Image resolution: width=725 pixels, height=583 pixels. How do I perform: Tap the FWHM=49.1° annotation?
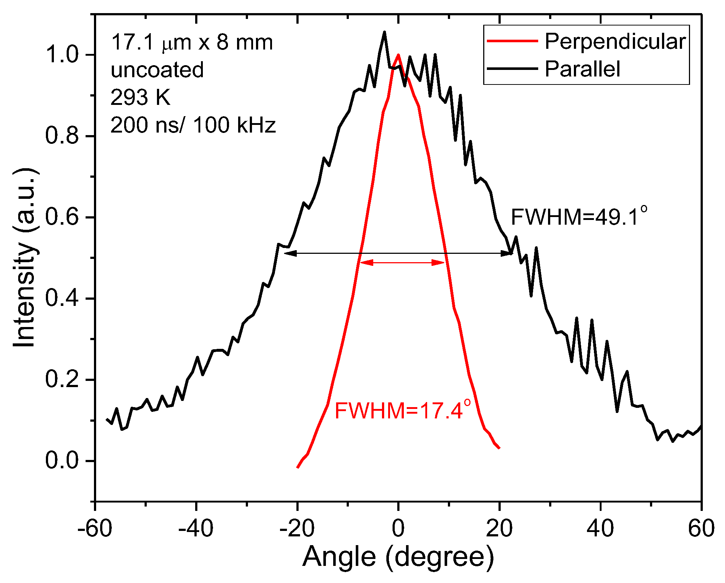click(579, 217)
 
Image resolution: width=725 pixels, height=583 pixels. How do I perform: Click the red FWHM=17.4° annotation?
click(402, 410)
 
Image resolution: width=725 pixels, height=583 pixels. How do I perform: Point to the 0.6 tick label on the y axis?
click(62, 217)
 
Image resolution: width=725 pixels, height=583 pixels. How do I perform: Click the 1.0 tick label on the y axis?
click(62, 55)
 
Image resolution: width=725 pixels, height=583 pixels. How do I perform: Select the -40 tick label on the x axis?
click(196, 528)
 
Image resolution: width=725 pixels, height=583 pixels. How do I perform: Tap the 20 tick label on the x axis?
click(499, 528)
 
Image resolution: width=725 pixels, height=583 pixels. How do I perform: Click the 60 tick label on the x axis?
click(701, 528)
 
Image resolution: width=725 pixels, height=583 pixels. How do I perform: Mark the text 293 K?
click(140, 97)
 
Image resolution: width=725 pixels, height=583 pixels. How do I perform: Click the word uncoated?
click(157, 70)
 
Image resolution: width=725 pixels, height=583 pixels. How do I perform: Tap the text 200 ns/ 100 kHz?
click(193, 125)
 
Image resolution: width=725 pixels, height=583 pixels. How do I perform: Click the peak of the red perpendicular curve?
click(398, 55)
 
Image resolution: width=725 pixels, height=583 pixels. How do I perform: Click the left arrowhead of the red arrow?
click(365, 263)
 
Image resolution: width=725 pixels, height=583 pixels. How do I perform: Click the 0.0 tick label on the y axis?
click(62, 461)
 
